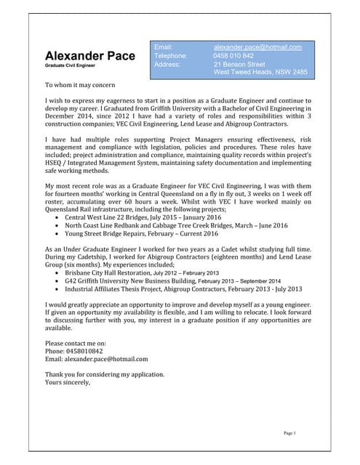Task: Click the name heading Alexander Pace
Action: tap(89, 56)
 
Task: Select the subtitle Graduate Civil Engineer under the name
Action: tap(70, 66)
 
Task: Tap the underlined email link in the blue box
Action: tap(263, 47)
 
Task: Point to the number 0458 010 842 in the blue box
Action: tap(233, 56)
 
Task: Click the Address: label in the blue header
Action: tap(167, 64)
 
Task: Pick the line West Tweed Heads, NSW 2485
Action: tap(260, 73)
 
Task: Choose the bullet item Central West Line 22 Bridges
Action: tap(133, 197)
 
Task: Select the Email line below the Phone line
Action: tap(96, 359)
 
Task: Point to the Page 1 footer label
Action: tap(289, 433)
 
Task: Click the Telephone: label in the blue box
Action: tap(171, 56)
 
